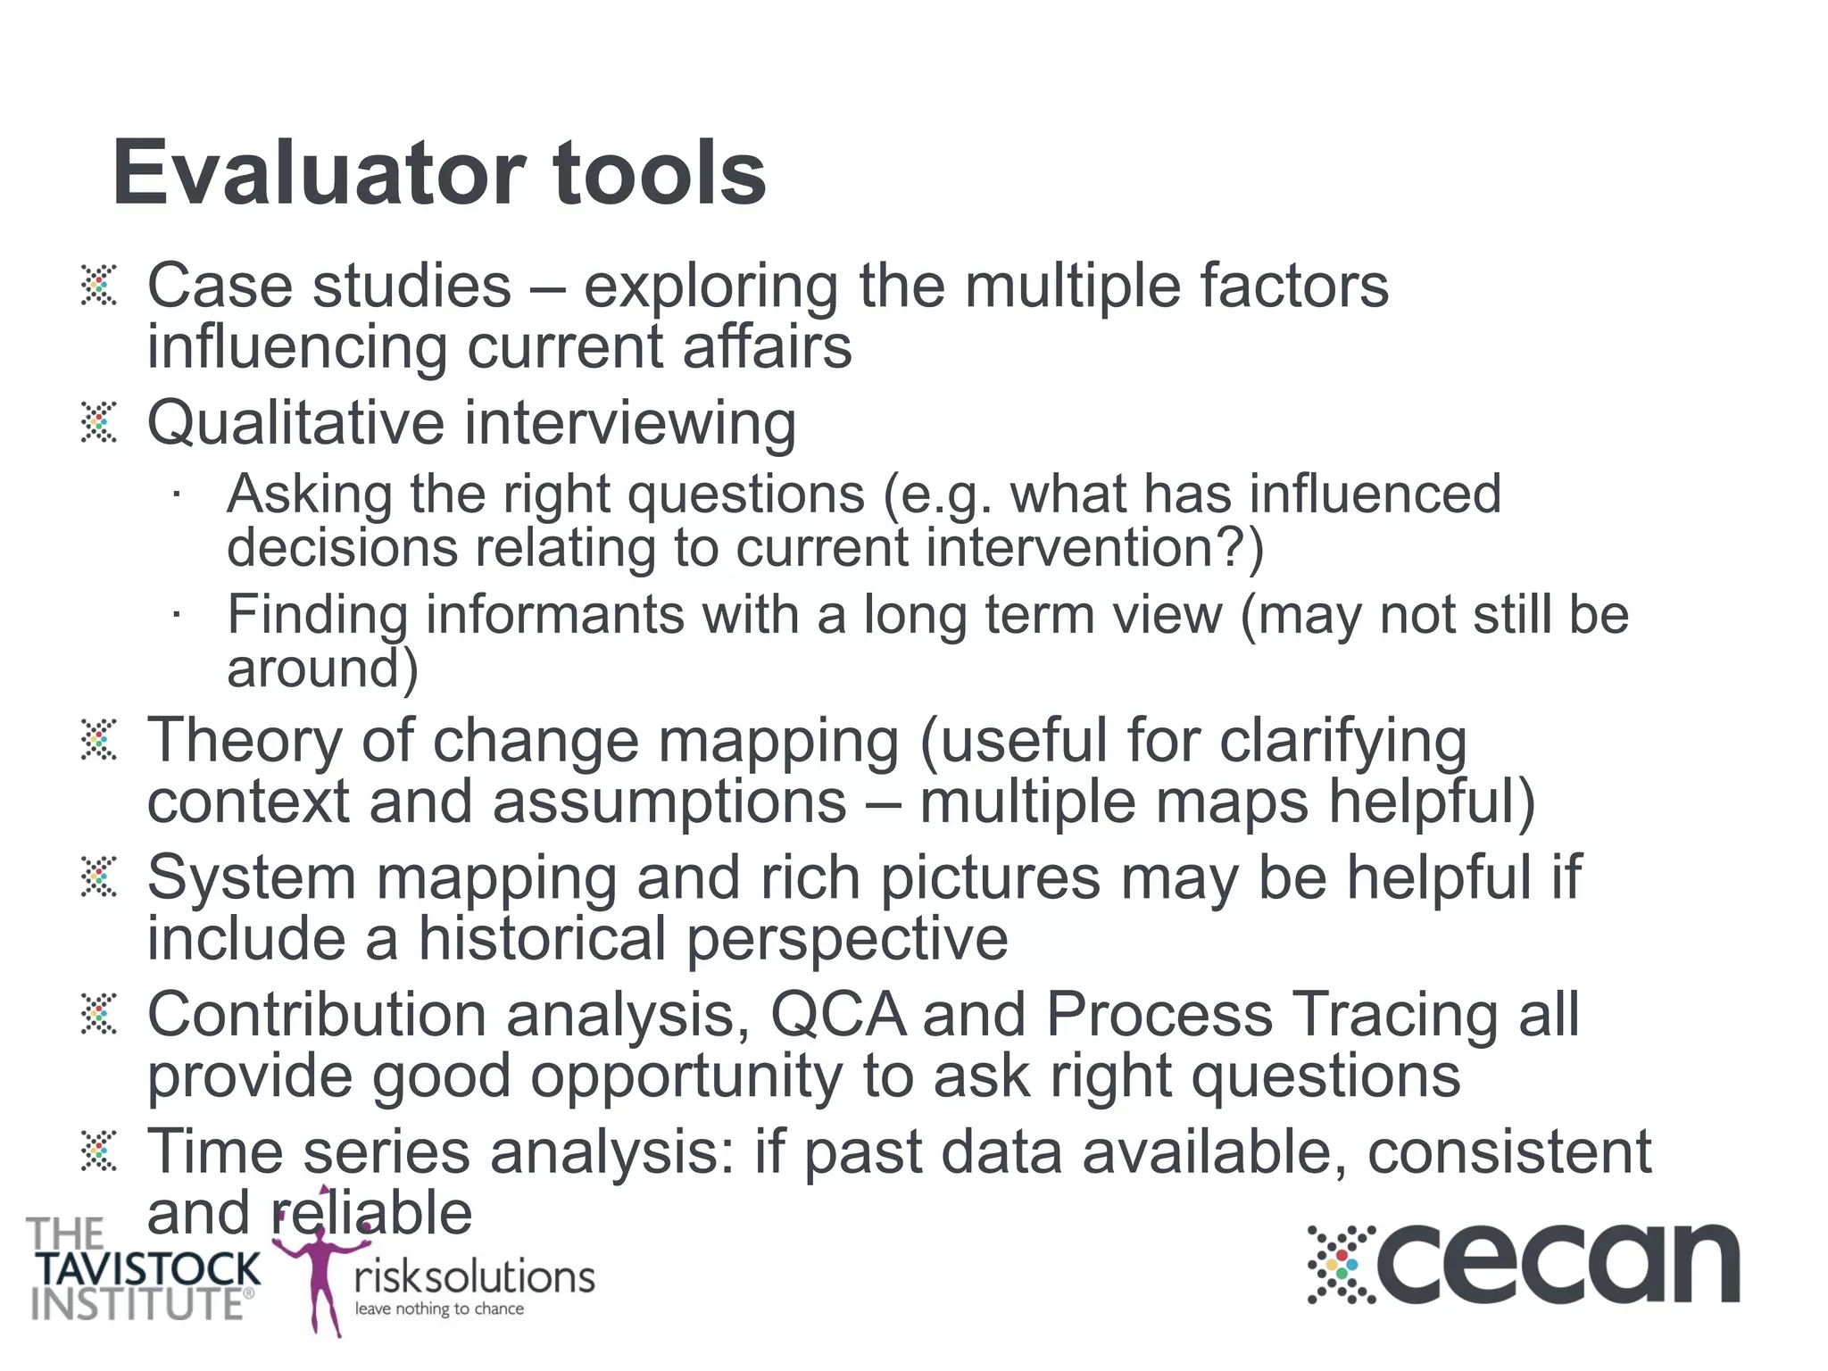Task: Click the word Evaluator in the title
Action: click(318, 173)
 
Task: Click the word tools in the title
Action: click(659, 173)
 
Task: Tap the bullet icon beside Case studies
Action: click(98, 286)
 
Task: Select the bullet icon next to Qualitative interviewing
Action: click(98, 422)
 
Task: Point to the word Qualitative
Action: click(295, 423)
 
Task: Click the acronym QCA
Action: click(837, 1015)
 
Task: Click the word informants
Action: click(554, 616)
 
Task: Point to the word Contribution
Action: click(317, 1015)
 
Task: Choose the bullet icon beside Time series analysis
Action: click(98, 1151)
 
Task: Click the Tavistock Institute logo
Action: click(143, 1271)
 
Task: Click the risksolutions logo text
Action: click(474, 1277)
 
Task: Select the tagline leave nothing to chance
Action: click(439, 1309)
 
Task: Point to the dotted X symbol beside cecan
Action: click(1342, 1265)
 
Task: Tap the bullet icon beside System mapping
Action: click(98, 877)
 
